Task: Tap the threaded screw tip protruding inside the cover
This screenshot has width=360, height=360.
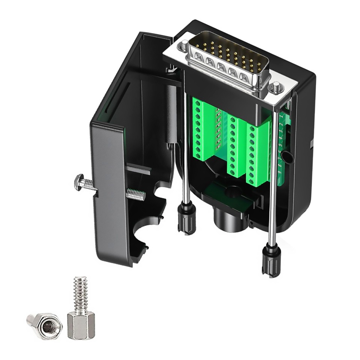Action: point(136,195)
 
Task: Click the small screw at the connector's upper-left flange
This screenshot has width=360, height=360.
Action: point(185,46)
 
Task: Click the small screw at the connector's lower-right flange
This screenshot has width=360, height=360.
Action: point(276,87)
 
